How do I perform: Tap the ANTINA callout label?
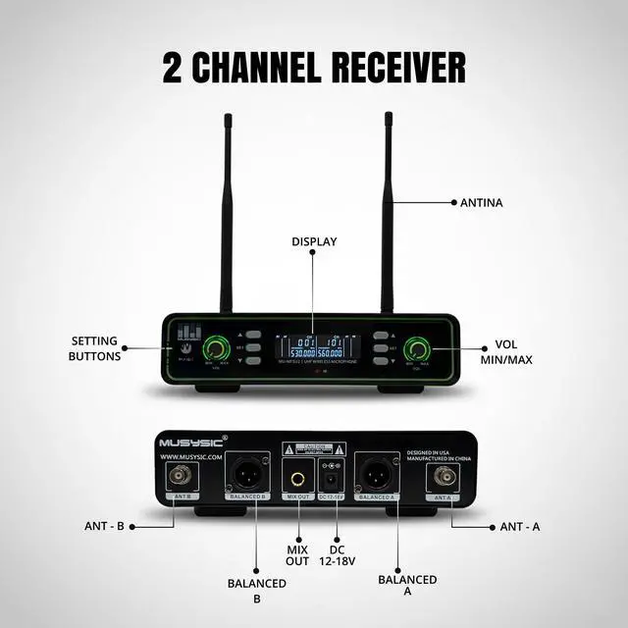coord(481,203)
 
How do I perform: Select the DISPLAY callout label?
coord(313,240)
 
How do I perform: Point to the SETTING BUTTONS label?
coord(95,348)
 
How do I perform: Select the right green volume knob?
coord(420,349)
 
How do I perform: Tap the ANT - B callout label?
coord(103,526)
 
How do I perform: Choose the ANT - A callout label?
coord(520,526)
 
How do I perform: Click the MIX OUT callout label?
coord(297,554)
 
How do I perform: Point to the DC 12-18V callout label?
coord(337,554)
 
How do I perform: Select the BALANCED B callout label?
coord(256,591)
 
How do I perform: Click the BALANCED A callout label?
coord(406,586)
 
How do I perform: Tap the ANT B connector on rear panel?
coord(181,478)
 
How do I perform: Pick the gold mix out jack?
coord(296,479)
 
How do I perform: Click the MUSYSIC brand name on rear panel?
coord(192,442)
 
